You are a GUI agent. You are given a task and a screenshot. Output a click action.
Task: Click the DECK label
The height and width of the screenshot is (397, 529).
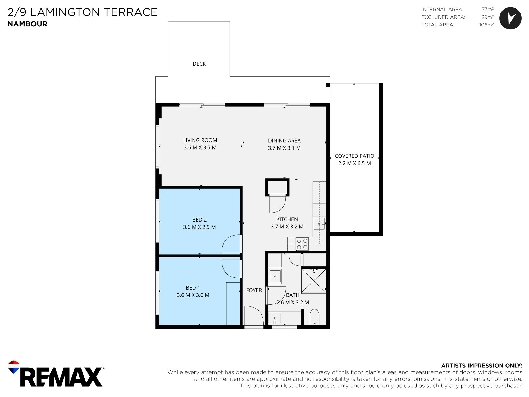(199, 64)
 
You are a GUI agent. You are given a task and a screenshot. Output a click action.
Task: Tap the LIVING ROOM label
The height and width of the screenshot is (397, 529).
(200, 140)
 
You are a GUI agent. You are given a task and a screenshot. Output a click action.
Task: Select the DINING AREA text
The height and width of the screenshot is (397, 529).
(284, 141)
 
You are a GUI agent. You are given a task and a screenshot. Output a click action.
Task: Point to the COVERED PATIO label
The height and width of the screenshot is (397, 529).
(354, 156)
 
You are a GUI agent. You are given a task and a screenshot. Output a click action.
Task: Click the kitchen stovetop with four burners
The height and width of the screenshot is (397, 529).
(302, 244)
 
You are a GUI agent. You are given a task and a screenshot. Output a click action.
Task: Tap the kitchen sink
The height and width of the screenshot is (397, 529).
(319, 224)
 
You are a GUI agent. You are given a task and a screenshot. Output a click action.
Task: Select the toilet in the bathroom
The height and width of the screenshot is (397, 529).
(314, 317)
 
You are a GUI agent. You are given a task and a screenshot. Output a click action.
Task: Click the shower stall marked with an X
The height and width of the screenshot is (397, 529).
(314, 281)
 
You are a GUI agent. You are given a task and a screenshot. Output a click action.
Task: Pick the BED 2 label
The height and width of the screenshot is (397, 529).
(199, 220)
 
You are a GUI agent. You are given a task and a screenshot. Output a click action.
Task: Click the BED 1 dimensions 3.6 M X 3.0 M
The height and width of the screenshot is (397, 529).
(193, 295)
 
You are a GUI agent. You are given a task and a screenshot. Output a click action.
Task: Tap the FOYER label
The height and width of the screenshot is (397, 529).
(254, 290)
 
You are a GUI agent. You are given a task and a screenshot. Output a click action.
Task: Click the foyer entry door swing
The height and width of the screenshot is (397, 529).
(254, 316)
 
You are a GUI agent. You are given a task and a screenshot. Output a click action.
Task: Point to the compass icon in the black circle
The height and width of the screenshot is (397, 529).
(510, 18)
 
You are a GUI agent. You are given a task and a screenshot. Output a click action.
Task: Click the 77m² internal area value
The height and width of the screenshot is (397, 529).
(488, 10)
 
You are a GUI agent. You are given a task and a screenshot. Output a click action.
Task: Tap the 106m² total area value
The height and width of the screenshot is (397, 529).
(486, 25)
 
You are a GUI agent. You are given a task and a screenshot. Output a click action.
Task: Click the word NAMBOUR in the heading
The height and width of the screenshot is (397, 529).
(28, 24)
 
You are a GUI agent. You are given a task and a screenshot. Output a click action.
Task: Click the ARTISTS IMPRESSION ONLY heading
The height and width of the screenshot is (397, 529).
(482, 366)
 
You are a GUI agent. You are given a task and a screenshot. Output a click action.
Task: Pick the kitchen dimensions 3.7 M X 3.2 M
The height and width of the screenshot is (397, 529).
(287, 227)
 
